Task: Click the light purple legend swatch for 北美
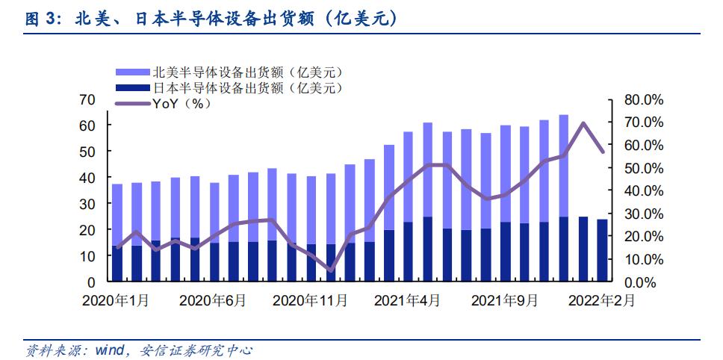click(133, 72)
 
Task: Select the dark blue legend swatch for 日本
click(133, 88)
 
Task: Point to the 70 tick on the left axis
click(87, 99)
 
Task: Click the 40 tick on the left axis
click(87, 178)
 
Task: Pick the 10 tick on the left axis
click(87, 256)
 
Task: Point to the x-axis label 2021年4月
click(408, 301)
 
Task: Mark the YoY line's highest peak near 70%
click(583, 123)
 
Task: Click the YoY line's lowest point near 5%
click(331, 270)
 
